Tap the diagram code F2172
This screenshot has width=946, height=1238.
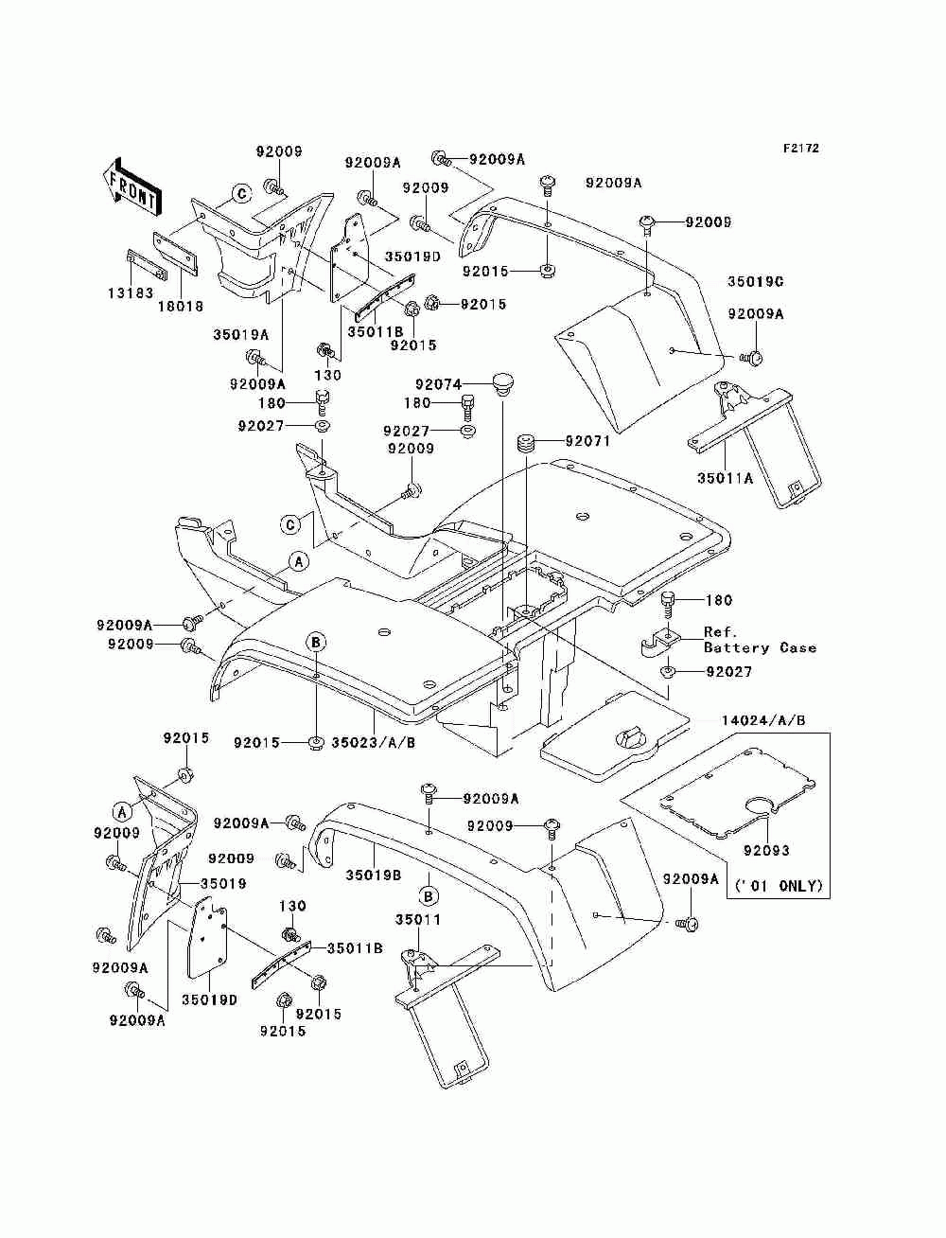coord(800,149)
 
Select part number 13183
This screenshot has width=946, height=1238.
coord(131,293)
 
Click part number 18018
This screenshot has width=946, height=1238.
coord(181,307)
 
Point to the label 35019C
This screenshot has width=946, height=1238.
coord(756,281)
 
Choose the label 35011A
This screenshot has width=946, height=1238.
coord(725,478)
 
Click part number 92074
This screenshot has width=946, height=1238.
coord(439,384)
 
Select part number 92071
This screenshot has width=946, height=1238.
coord(587,440)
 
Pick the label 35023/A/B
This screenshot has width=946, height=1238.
coord(374,743)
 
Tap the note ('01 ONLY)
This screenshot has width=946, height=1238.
coord(779,886)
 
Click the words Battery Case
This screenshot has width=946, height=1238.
coord(760,647)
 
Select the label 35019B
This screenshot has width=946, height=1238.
coord(374,875)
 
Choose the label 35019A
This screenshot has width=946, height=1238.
coord(240,334)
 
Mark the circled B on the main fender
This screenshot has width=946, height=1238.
coord(316,643)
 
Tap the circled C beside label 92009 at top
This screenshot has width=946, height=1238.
coord(241,194)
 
